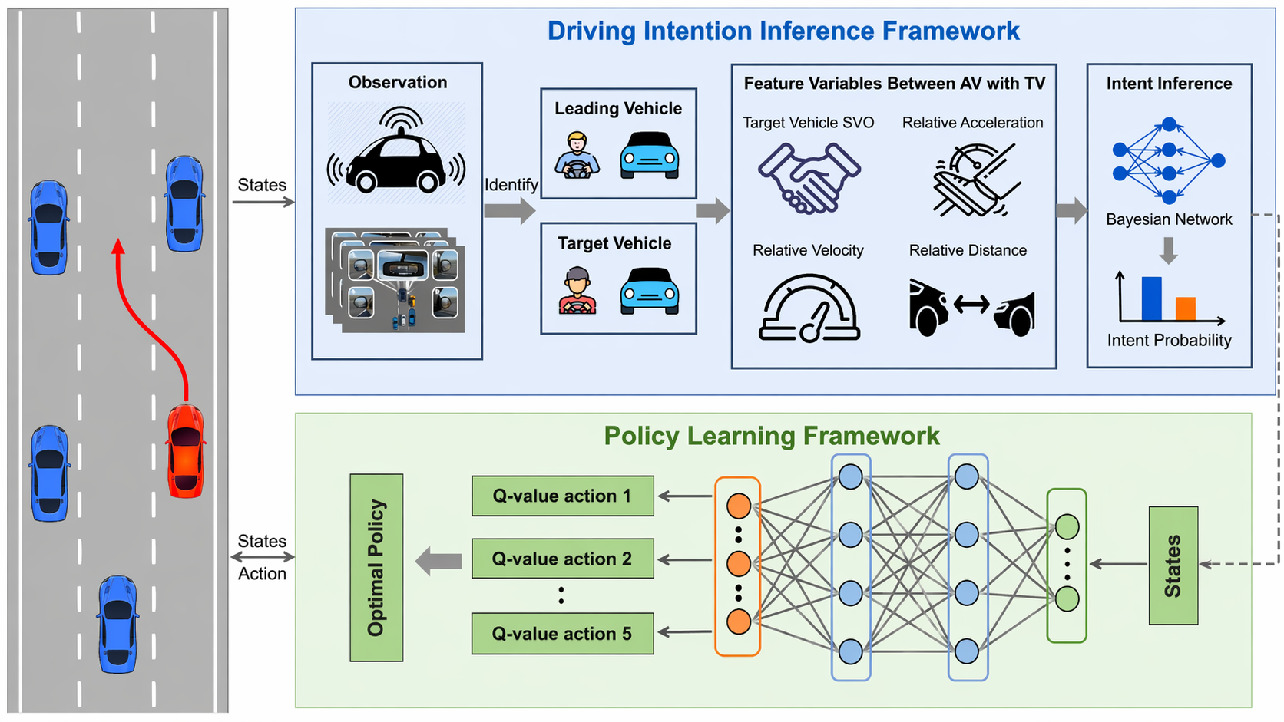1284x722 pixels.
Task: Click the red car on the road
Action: click(x=186, y=451)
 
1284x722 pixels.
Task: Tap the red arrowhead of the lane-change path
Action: click(x=117, y=246)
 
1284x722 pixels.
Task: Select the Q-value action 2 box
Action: click(x=562, y=559)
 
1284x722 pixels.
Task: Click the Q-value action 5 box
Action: click(x=562, y=633)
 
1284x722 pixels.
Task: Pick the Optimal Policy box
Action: click(x=376, y=568)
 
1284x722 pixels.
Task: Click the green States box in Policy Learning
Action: click(x=1173, y=565)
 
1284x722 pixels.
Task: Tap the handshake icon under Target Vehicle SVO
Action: click(x=809, y=178)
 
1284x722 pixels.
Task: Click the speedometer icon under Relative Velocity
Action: click(x=809, y=308)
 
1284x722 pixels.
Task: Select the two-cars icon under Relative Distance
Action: click(x=971, y=308)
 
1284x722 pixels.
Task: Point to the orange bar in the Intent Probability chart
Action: click(x=1185, y=308)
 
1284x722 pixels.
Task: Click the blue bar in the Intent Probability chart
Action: click(x=1151, y=298)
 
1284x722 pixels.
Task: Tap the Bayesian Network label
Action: click(x=1168, y=219)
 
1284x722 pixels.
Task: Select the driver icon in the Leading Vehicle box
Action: click(x=577, y=156)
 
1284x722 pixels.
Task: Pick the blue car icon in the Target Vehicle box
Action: click(x=649, y=291)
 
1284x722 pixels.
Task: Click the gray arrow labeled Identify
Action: click(x=510, y=209)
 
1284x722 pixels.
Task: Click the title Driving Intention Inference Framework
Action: click(x=783, y=31)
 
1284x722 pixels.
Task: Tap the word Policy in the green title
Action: click(x=640, y=436)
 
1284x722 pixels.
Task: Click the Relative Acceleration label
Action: click(x=971, y=123)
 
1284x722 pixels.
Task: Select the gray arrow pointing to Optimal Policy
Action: click(x=438, y=561)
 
